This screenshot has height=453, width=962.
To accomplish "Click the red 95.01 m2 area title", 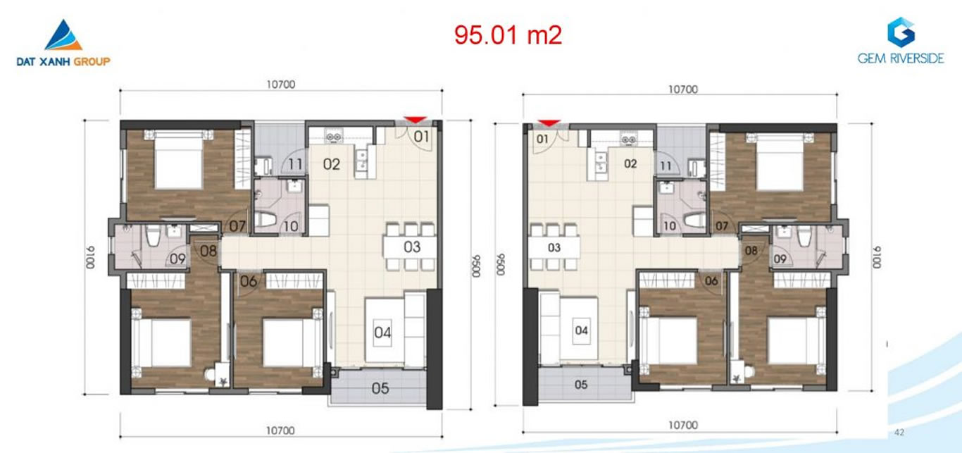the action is click(x=508, y=35).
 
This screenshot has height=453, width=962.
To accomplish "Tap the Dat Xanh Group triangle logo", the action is click(x=63, y=35).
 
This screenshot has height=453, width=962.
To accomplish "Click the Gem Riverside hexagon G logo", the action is click(x=901, y=32).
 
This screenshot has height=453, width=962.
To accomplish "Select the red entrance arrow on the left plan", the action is click(x=415, y=120).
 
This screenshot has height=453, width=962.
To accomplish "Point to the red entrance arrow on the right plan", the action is click(x=549, y=123).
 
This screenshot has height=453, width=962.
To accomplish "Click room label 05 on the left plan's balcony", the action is click(x=380, y=388).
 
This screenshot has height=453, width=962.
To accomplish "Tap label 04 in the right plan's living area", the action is click(x=582, y=330).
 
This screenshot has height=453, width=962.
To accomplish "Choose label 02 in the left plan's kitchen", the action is click(x=332, y=164).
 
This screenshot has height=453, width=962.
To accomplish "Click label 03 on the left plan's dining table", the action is click(x=412, y=247).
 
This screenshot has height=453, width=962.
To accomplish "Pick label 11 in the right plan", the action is click(x=666, y=166).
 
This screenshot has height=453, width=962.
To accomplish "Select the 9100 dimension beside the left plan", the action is click(x=89, y=257).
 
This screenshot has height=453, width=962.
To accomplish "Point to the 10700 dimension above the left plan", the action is click(x=281, y=85).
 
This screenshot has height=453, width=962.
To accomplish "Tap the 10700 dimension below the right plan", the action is click(x=683, y=425).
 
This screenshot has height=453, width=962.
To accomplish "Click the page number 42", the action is click(x=899, y=433).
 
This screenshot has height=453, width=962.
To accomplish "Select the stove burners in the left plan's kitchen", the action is click(x=333, y=137).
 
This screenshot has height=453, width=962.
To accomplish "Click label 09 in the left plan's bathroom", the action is click(x=177, y=259).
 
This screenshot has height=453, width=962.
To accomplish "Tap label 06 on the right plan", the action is click(x=711, y=281).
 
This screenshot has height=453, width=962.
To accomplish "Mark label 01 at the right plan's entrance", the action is click(x=542, y=139).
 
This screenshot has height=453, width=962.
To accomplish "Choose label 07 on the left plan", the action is click(x=237, y=226).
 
